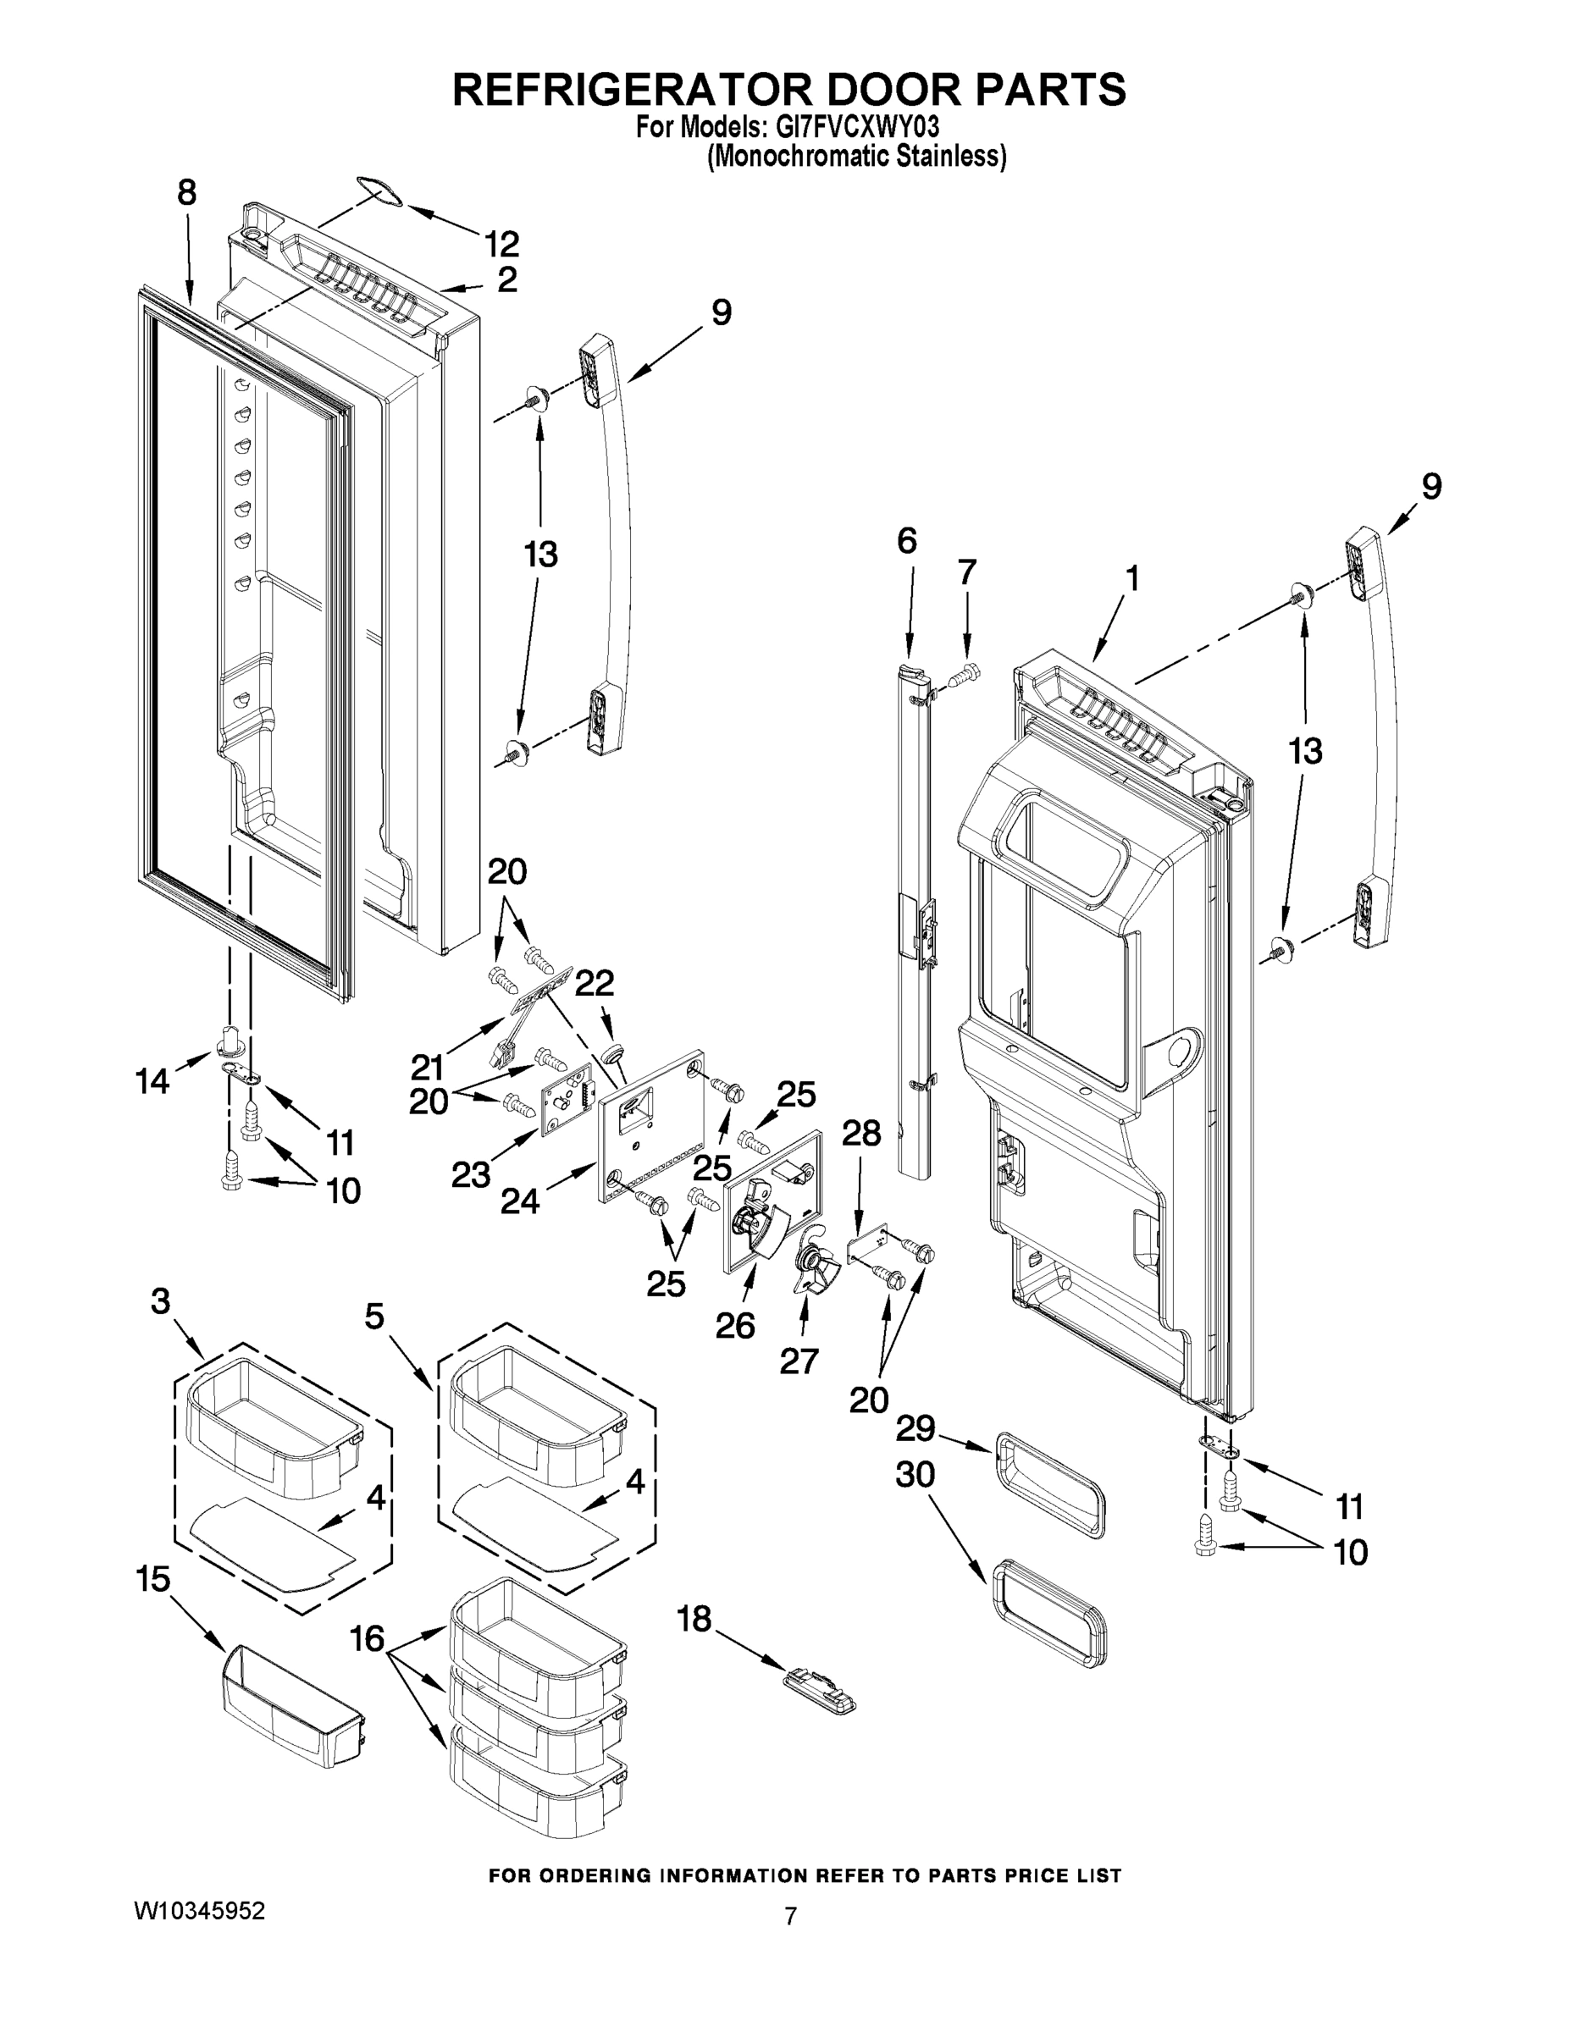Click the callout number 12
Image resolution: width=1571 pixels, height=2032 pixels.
[x=501, y=245]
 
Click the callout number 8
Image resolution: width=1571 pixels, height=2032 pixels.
[x=187, y=192]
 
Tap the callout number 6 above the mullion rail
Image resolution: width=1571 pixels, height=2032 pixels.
[x=906, y=540]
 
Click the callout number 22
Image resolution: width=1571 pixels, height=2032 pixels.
[x=595, y=984]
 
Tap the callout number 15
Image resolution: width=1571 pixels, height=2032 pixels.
[x=153, y=1579]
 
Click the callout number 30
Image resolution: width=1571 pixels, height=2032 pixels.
[x=915, y=1475]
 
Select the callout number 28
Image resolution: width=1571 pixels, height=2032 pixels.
[x=861, y=1133]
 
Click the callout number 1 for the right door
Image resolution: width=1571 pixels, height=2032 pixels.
[x=1131, y=579]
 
